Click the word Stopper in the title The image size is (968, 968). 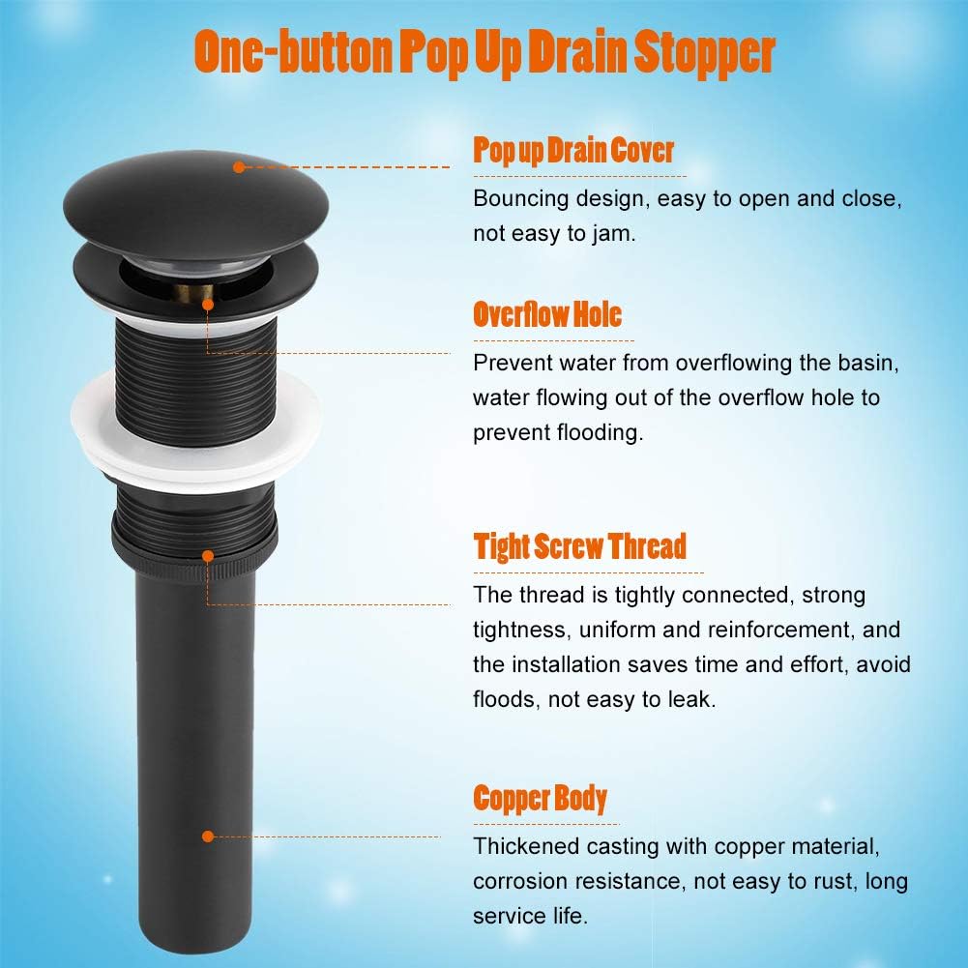[704, 54]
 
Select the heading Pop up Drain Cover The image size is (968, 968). [572, 151]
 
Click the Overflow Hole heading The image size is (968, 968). [547, 314]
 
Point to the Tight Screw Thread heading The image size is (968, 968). [579, 547]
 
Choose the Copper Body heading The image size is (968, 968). [541, 798]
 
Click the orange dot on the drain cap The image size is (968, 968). [239, 166]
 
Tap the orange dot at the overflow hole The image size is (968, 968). [208, 305]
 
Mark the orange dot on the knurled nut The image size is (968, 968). [208, 556]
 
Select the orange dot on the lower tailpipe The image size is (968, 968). [208, 836]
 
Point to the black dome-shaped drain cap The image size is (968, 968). [195, 204]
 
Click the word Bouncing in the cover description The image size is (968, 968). [520, 199]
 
